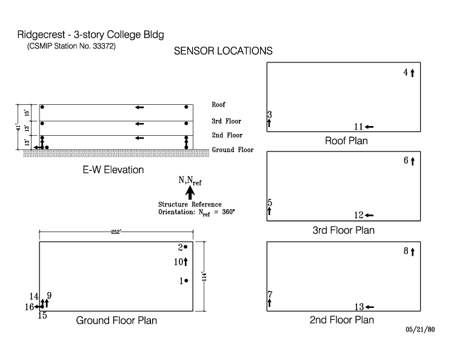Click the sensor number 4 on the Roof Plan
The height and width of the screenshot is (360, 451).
[x=406, y=73]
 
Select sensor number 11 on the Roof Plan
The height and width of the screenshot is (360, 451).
[x=358, y=127]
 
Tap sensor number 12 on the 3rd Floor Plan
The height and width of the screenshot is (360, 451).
[x=358, y=215]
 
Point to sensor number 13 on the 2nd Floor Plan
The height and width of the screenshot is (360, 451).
[x=358, y=307]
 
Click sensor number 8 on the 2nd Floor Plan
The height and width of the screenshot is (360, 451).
[x=406, y=250]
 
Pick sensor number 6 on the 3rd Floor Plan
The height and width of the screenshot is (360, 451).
[x=406, y=161]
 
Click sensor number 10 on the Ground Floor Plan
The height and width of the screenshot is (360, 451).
[x=179, y=261]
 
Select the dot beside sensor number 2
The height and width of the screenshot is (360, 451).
[x=185, y=247]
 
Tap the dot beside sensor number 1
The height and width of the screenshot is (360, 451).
[x=186, y=281]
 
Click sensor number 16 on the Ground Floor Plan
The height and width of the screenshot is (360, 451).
[x=28, y=307]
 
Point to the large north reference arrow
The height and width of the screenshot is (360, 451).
[x=190, y=193]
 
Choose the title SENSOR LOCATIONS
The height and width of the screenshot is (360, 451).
[x=222, y=52]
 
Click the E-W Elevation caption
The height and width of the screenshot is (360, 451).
[x=113, y=170]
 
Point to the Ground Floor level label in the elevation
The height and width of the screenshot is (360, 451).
[x=232, y=150]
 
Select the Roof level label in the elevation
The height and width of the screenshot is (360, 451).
[x=218, y=105]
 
